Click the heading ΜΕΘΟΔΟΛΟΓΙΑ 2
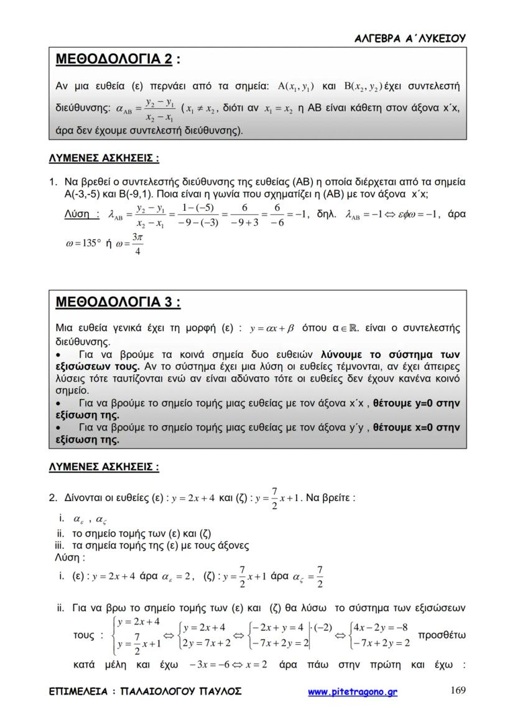click(x=114, y=60)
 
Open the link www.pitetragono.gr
click(x=353, y=691)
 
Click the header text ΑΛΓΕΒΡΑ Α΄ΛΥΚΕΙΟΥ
click(x=409, y=38)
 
